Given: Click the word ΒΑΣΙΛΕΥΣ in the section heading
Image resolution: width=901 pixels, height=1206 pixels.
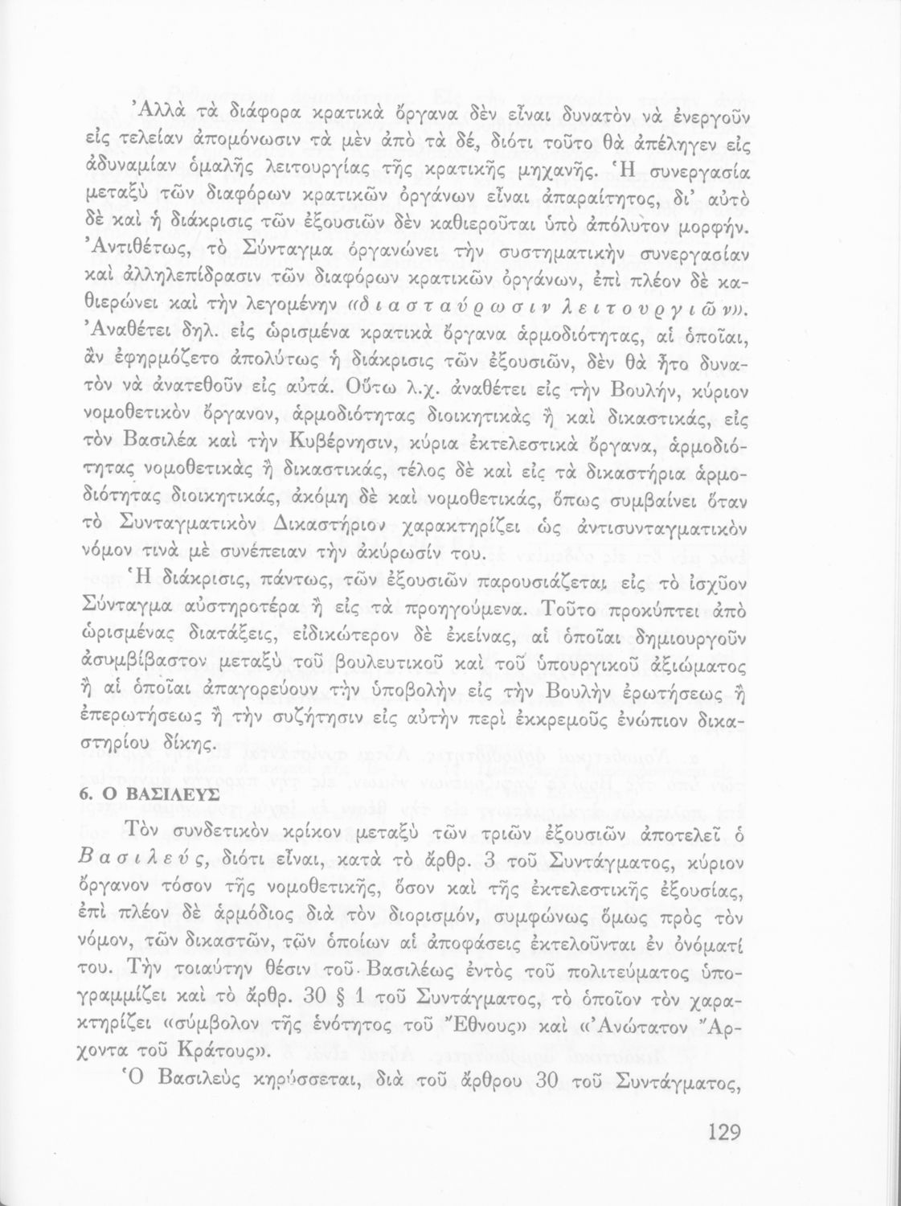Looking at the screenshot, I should pos(169,792).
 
